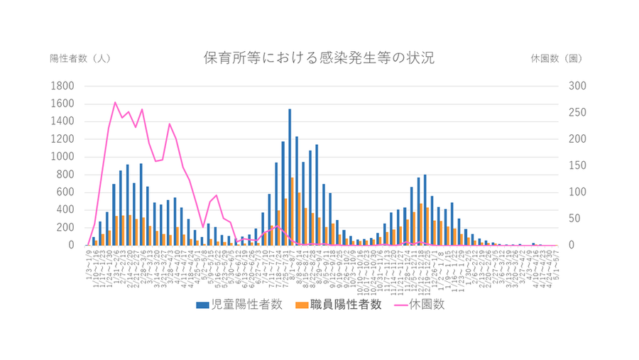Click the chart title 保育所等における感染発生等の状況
(319, 58)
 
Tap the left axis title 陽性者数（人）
(80, 58)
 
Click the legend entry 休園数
(428, 305)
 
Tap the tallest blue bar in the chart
(290, 178)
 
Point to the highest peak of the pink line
(115, 102)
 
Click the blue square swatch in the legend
(202, 305)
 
